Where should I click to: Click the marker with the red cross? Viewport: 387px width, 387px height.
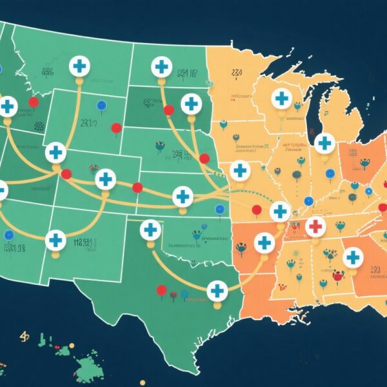click(x=315, y=226)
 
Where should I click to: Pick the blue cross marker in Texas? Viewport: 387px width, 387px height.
click(x=217, y=291)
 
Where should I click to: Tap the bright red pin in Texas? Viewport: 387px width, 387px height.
click(x=162, y=291)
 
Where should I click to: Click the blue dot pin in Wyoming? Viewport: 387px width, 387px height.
click(x=101, y=106)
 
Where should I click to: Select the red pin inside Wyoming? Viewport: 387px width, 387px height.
click(x=116, y=128)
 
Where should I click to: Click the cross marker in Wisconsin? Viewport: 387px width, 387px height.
click(x=281, y=99)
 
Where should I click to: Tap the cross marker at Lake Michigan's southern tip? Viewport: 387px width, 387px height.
click(x=325, y=143)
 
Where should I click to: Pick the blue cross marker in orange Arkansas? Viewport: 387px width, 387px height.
click(x=264, y=243)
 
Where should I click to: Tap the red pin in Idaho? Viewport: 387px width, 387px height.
click(x=34, y=102)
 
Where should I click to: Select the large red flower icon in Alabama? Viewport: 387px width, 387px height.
click(x=337, y=275)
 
